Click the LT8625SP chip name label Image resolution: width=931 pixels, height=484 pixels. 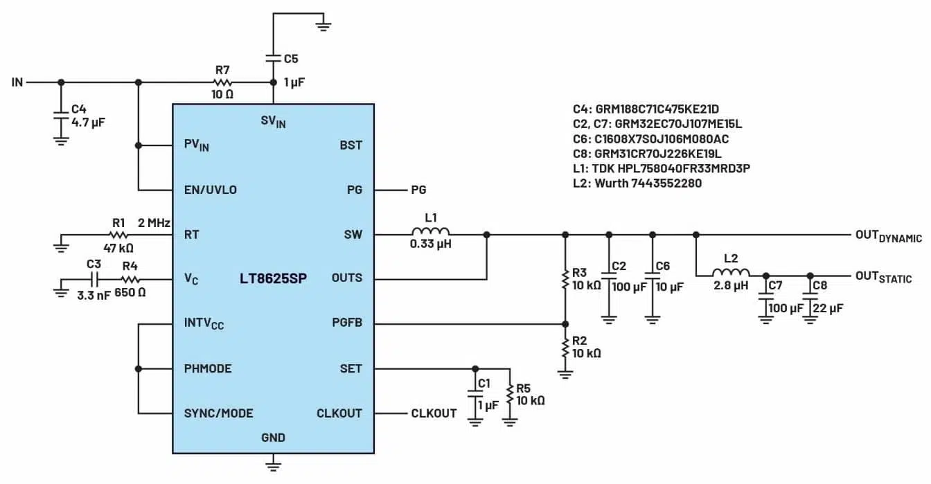pyautogui.click(x=274, y=278)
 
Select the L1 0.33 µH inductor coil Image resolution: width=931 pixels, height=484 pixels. pyautogui.click(x=431, y=234)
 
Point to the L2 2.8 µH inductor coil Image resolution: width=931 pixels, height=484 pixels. pyautogui.click(x=731, y=275)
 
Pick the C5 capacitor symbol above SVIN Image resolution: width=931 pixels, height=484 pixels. pyautogui.click(x=274, y=59)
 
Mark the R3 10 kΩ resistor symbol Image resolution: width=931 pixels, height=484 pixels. pyautogui.click(x=565, y=278)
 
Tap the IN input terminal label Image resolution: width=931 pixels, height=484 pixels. pyautogui.click(x=17, y=82)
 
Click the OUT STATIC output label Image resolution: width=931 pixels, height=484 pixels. pyautogui.click(x=883, y=278)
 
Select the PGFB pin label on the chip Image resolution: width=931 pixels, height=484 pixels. pyautogui.click(x=346, y=323)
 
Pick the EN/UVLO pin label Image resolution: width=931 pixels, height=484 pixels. pyautogui.click(x=211, y=190)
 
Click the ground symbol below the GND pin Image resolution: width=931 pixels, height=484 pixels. pyautogui.click(x=274, y=462)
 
